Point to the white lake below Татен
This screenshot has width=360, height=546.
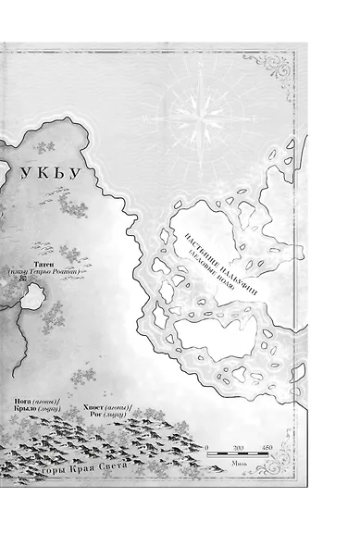tap(33, 297)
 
